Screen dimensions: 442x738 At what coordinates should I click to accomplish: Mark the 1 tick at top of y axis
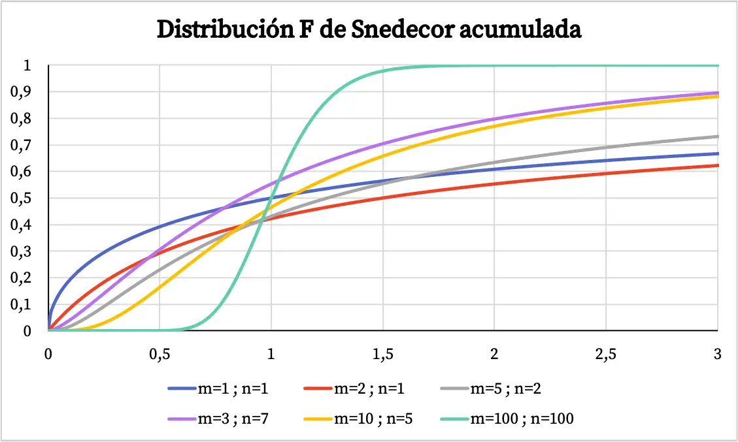coord(27,65)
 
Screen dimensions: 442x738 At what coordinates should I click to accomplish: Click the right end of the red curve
coord(717,165)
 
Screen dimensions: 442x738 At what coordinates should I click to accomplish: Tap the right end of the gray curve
coord(717,136)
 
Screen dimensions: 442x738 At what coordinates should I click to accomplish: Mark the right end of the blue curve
coord(717,154)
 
